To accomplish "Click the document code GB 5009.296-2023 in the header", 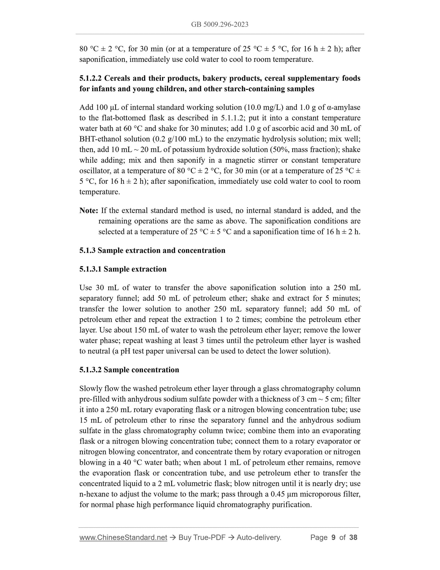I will coord(220,25).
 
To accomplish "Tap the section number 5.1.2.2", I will coord(90,78).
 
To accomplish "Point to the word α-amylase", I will coord(343,107).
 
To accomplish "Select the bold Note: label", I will coord(89,211).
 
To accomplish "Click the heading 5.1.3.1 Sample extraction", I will coord(123,269).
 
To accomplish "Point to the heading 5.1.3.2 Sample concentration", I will coord(129,370).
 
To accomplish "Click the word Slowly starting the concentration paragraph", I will coord(90,389).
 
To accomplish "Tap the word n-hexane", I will coord(93,494).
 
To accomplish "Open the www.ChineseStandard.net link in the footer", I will coord(123,538).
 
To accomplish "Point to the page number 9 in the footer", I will coord(333,538).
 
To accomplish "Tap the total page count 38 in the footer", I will coord(353,538).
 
